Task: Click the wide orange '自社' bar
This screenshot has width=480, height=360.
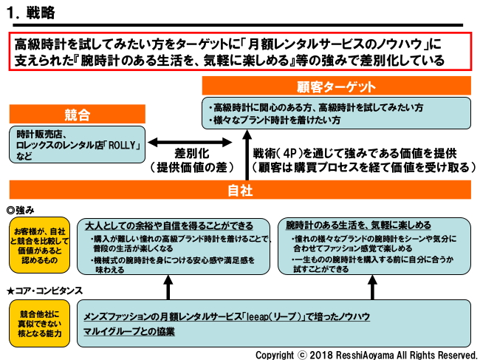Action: tap(241, 190)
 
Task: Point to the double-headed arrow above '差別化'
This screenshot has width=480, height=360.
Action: tap(184, 140)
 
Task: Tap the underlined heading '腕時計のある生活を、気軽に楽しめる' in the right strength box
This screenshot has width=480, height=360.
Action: tap(358, 225)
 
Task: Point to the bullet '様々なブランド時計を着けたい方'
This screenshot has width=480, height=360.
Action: tap(278, 120)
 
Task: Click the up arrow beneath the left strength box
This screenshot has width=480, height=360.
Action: tap(168, 285)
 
